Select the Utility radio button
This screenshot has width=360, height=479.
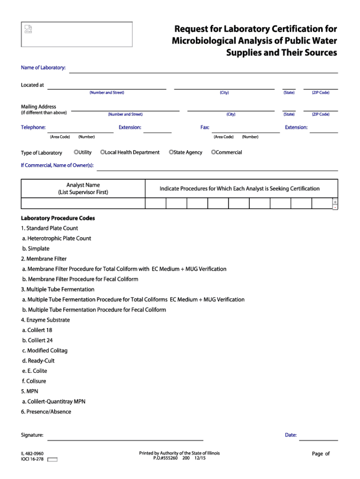[x=76, y=152]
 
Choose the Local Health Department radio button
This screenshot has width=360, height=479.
[x=102, y=152]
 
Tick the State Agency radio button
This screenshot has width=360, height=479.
[x=171, y=152]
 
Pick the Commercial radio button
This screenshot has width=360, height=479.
[x=214, y=152]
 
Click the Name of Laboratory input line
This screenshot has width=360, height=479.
[x=203, y=69]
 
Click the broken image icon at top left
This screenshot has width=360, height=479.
[x=29, y=29]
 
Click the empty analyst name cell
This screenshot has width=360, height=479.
[x=83, y=203]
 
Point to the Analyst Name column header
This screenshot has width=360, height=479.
[x=83, y=189]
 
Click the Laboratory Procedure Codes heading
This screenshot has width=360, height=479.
[x=58, y=218]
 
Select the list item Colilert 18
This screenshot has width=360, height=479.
[x=37, y=330]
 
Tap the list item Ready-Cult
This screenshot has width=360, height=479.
[x=38, y=361]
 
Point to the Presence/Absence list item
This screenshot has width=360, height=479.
[x=46, y=412]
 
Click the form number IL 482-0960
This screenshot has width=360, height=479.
[x=32, y=453]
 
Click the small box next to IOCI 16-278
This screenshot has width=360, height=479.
[x=52, y=459]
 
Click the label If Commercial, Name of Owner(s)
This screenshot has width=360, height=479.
[x=57, y=165]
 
